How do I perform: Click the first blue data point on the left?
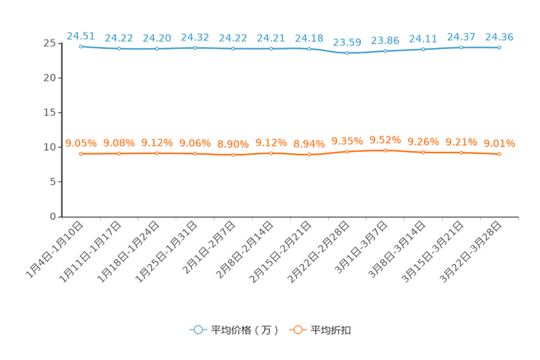coord(81,46)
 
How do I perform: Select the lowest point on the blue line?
coord(347,53)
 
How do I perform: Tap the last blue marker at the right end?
coord(499,47)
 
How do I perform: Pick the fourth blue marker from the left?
coord(195,48)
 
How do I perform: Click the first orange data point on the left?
coord(81,154)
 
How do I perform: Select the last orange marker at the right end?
coord(499,154)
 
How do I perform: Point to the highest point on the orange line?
coord(385,150)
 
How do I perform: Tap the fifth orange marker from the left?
coord(233,155)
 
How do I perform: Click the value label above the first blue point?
coord(81,34)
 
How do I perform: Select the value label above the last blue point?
coord(499,36)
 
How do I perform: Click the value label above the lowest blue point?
coord(347,41)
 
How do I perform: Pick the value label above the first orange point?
coord(81,143)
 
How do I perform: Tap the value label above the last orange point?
coord(499,143)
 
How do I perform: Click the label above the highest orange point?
coord(385,139)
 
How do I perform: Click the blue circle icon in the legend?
coord(198,330)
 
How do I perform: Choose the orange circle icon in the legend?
coord(297,330)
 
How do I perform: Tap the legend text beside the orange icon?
coord(332,330)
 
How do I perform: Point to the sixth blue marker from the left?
coord(271,49)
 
